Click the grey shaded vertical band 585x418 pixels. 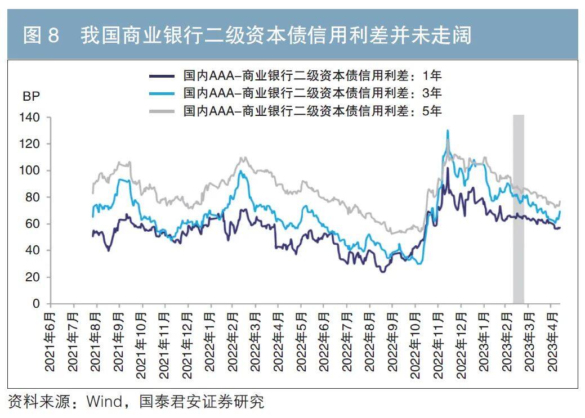(518, 208)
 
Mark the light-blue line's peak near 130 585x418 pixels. (448, 131)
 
